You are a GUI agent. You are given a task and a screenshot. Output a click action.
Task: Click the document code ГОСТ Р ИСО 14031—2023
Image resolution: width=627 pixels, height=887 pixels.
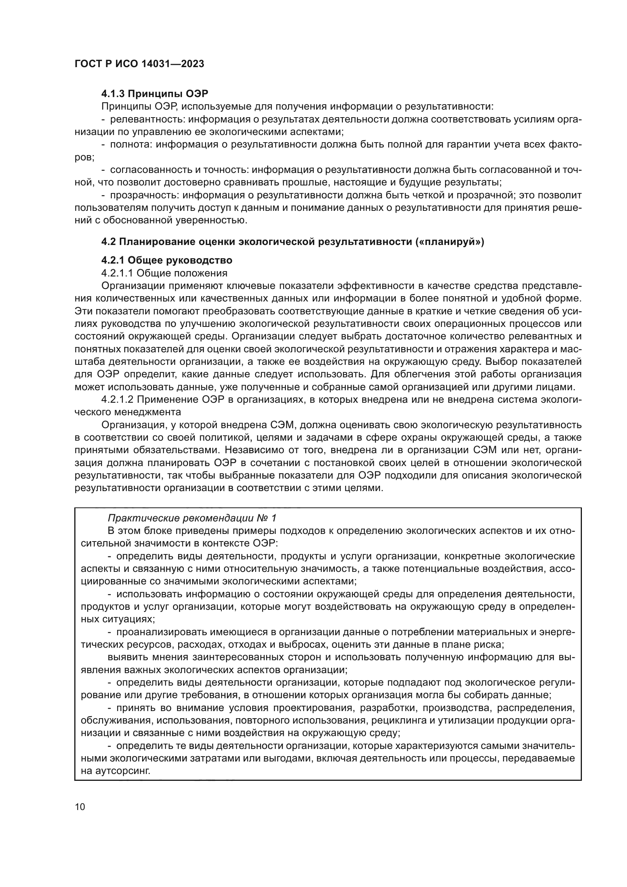pyautogui.click(x=139, y=64)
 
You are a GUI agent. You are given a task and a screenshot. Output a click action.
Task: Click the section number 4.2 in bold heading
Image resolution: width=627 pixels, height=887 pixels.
pyautogui.click(x=108, y=242)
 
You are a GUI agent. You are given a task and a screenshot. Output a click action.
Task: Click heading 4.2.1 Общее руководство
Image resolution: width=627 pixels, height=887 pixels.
pyautogui.click(x=167, y=260)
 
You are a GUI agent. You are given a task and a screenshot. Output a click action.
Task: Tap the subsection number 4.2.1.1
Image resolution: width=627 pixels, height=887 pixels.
pyautogui.click(x=117, y=273)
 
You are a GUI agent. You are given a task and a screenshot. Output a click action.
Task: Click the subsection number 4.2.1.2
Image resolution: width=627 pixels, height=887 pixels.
pyautogui.click(x=117, y=399)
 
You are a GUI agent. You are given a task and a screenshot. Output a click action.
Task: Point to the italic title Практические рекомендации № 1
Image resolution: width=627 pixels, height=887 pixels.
pyautogui.click(x=192, y=518)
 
